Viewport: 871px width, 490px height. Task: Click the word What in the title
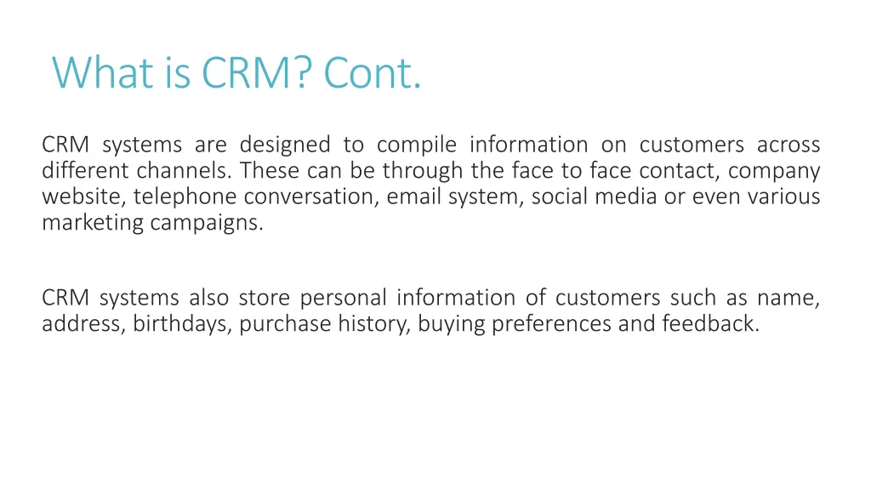tap(102, 73)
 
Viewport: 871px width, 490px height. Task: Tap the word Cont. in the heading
tap(373, 73)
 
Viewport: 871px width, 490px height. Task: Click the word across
tap(788, 145)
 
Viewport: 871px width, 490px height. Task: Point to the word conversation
tap(311, 197)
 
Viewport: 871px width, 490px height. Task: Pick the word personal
tap(344, 299)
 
